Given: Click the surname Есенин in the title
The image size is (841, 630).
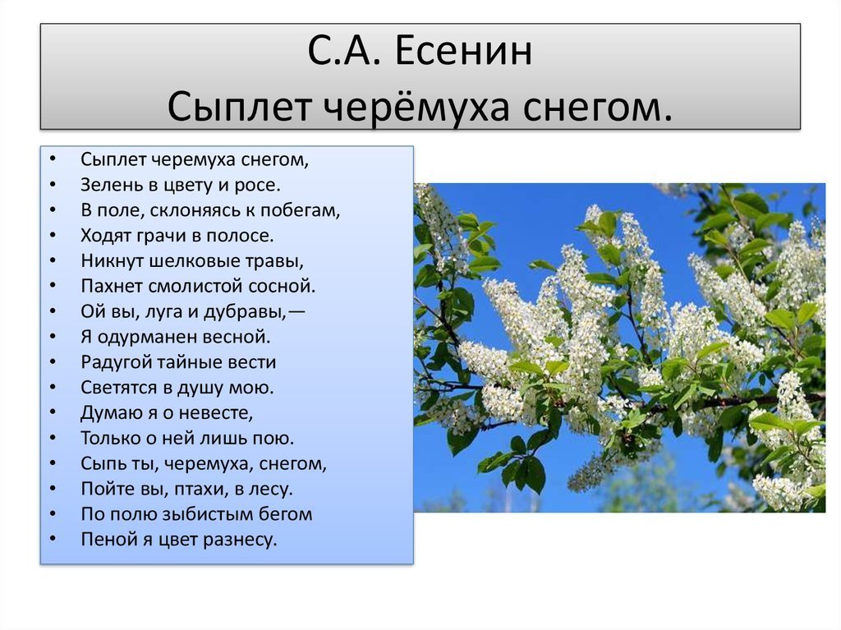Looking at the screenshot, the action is [464, 51].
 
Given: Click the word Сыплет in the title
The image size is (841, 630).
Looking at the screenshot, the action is [239, 107].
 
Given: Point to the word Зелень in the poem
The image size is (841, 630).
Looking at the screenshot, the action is [112, 185].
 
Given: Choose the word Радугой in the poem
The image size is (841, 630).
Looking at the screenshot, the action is [116, 362].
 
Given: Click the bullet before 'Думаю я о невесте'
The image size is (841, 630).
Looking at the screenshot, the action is [53, 412].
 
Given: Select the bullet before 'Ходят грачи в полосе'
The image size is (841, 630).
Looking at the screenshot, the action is [53, 235].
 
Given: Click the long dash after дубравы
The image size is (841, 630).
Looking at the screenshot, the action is [296, 312].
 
